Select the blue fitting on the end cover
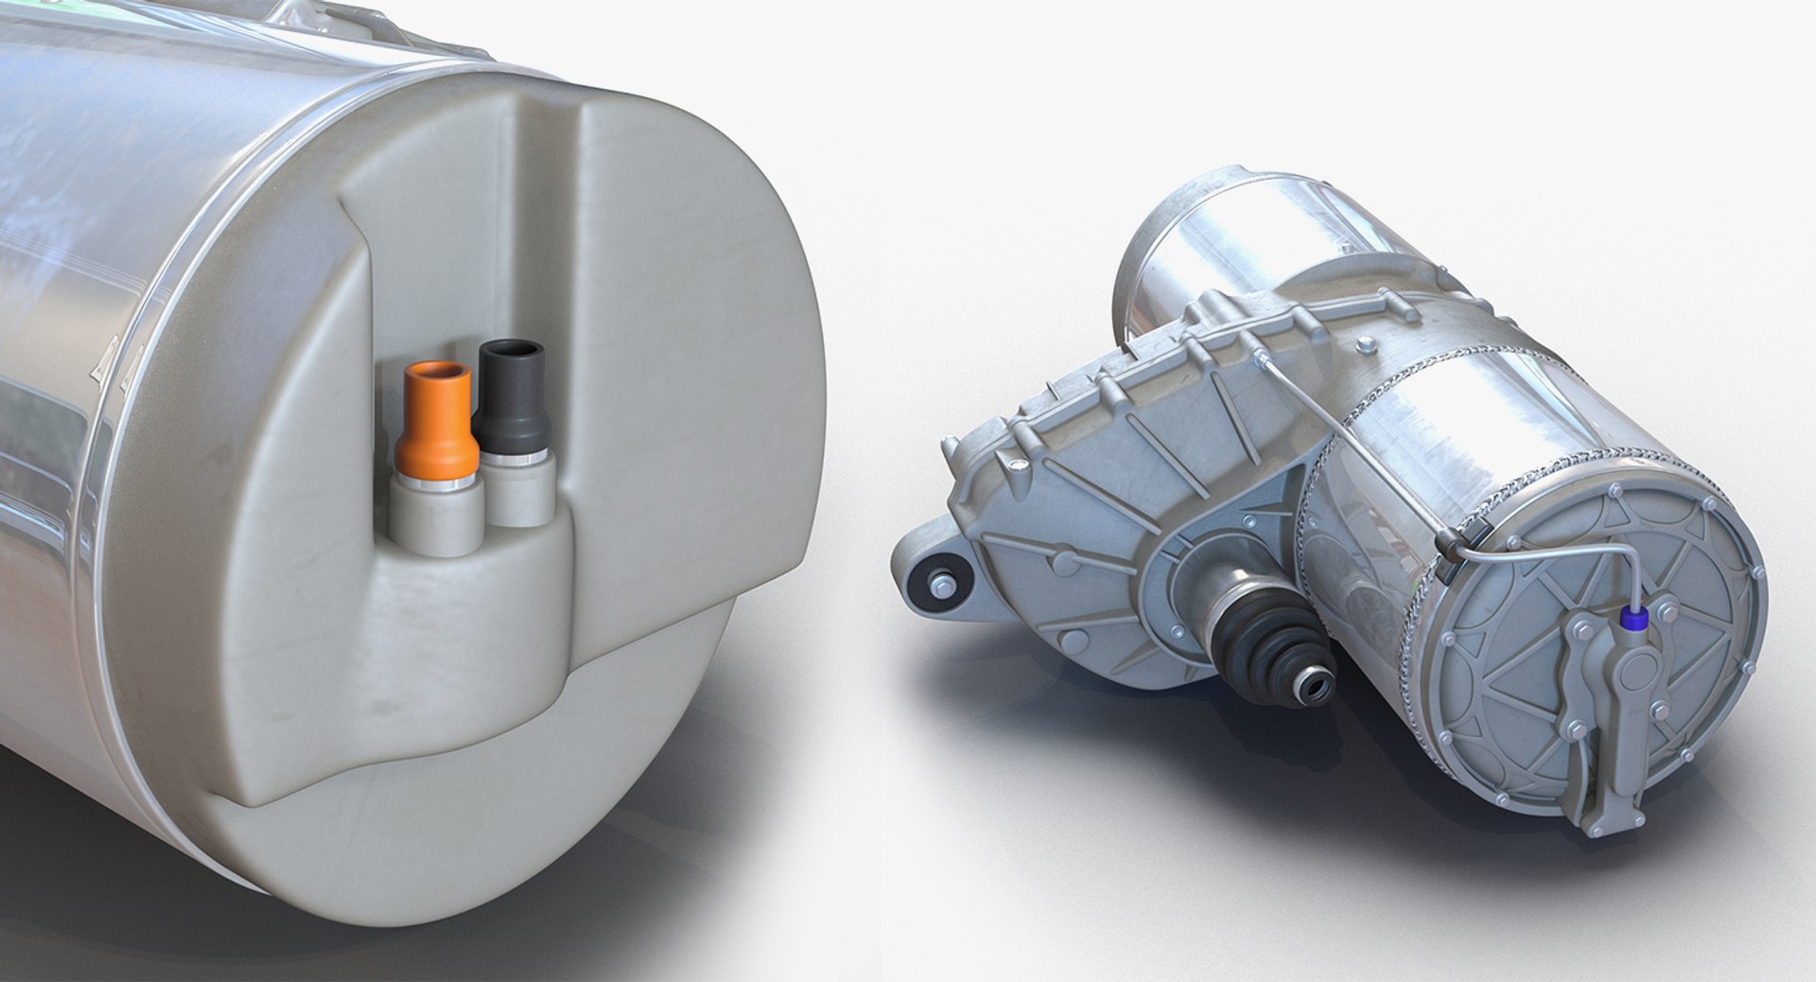(x=1633, y=619)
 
